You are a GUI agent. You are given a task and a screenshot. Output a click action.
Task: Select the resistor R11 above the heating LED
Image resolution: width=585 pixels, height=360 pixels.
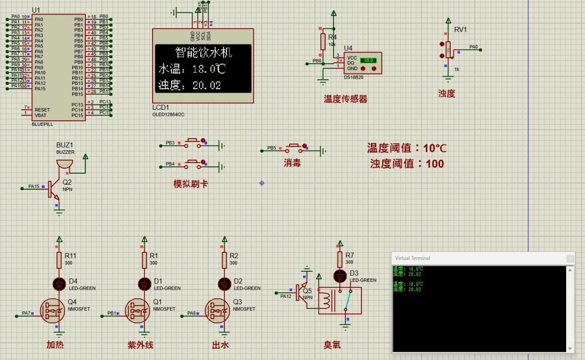pos(59,259)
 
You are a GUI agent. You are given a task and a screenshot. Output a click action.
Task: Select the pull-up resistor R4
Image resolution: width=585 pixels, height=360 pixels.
pos(322,42)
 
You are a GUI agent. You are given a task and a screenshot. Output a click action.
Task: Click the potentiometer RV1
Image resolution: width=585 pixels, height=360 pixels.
pos(448,49)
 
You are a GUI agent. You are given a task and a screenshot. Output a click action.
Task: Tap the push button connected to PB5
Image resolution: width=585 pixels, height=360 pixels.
pos(294,148)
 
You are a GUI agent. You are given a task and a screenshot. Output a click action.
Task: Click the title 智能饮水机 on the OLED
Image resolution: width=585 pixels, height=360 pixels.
pos(203,53)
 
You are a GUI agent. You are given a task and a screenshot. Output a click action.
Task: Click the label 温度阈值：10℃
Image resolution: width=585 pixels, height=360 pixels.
pos(407,148)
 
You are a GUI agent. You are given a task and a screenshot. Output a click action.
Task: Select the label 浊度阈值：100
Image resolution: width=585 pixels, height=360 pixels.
pos(407,164)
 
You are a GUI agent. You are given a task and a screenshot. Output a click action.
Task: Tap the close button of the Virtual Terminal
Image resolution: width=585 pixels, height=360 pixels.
pos(569,258)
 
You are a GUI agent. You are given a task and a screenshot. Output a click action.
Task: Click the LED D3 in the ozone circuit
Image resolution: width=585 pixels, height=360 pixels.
pos(340,276)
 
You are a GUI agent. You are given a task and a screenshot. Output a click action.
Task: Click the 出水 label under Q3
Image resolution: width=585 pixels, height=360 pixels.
pos(220,345)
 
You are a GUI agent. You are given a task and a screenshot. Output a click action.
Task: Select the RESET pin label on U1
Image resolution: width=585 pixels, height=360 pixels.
pos(42,110)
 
